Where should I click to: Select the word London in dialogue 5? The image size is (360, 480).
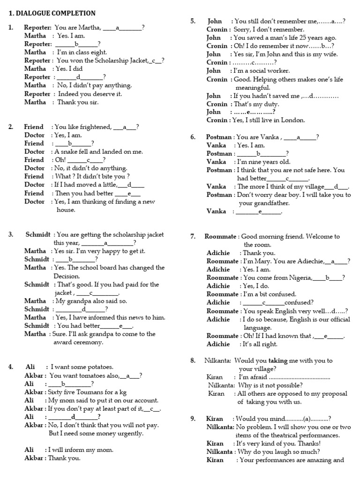(292, 120)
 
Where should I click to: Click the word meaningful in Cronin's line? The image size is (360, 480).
(253, 88)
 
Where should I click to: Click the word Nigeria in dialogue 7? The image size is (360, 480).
(299, 277)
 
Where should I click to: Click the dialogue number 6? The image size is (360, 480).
(193, 137)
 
